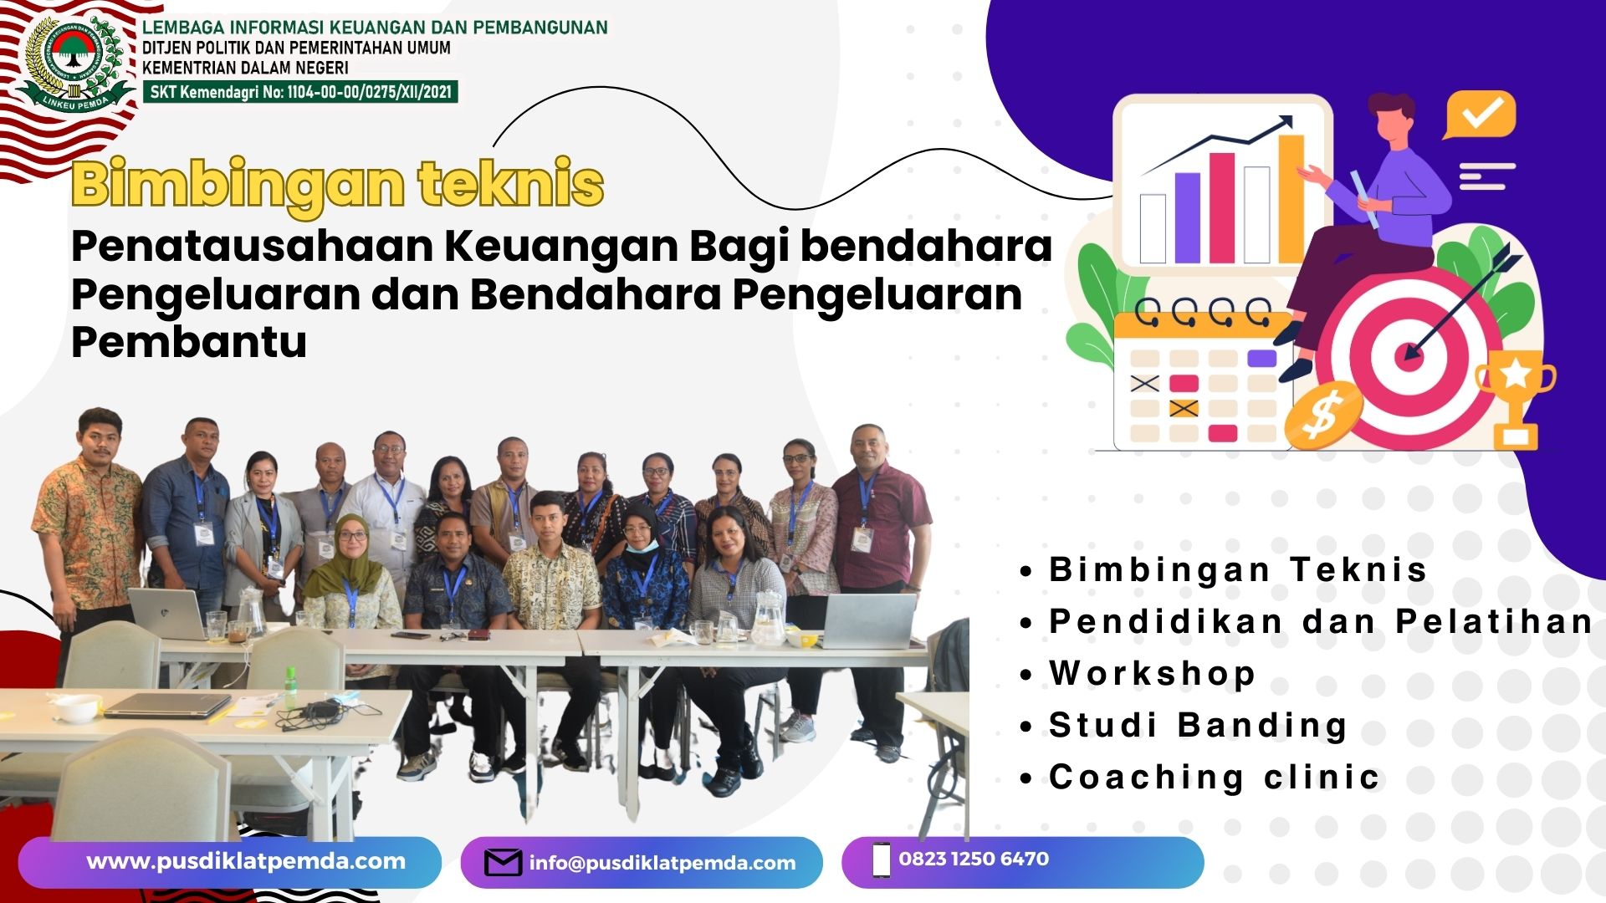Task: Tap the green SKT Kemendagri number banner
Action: tap(300, 92)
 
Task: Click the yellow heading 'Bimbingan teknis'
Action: tap(337, 184)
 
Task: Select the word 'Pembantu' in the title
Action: tap(189, 342)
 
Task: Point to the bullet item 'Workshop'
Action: tap(1152, 673)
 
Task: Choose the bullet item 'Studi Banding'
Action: tap(1198, 725)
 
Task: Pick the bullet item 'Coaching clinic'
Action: tap(1214, 778)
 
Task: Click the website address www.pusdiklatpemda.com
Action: tap(246, 862)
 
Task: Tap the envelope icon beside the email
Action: tap(503, 863)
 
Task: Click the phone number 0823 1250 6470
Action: tap(974, 859)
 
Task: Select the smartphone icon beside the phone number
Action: tap(881, 860)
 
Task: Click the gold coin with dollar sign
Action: tap(1322, 415)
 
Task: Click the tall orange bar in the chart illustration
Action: tap(1291, 198)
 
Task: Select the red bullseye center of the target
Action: tap(1409, 358)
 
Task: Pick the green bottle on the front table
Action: tap(291, 687)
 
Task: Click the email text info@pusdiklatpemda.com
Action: tap(662, 863)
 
